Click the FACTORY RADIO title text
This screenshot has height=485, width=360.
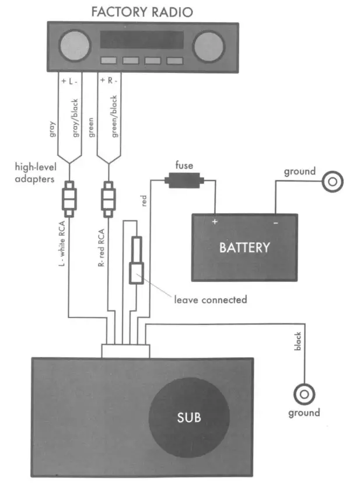pos(142,12)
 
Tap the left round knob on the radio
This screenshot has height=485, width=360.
pos(75,46)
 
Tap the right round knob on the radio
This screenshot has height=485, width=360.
pos(209,46)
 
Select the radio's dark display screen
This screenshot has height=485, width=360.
pos(142,40)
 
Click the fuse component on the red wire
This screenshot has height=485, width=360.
pos(184,180)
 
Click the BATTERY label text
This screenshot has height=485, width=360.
pos(244,248)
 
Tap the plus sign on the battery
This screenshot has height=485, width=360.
pos(215,221)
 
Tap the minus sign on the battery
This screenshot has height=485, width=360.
pos(275,223)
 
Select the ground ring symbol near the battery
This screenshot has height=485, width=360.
pos(333,182)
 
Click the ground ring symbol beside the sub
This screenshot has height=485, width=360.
pos(305,395)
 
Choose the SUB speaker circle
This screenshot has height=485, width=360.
pos(189,417)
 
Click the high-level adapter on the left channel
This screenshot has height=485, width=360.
pos(69,199)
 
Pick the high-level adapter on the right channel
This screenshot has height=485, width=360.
pos(109,199)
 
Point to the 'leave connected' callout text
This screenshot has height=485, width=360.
pos(211,299)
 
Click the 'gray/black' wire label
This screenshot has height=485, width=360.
pos(75,118)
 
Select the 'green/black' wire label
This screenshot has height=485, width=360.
pos(114,116)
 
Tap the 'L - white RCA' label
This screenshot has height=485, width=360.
pos(62,243)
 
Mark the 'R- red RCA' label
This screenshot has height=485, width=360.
pos(101,247)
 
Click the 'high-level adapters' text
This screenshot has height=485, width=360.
pos(36,173)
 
